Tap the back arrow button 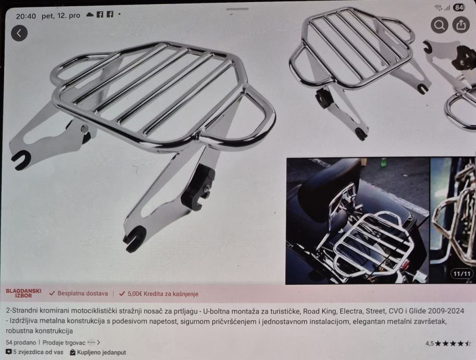click(x=19, y=33)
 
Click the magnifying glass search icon click(x=440, y=25)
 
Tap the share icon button click(x=461, y=25)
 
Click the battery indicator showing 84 click(x=459, y=8)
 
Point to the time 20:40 click(x=26, y=16)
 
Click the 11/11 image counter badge click(x=462, y=274)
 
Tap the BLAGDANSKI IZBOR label click(x=23, y=293)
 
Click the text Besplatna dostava click(x=82, y=293)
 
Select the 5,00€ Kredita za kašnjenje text click(x=163, y=294)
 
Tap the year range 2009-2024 click(x=446, y=311)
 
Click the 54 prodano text click(x=21, y=342)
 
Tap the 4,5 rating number click(x=429, y=344)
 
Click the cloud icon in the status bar click(x=90, y=15)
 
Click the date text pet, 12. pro click(x=60, y=16)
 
